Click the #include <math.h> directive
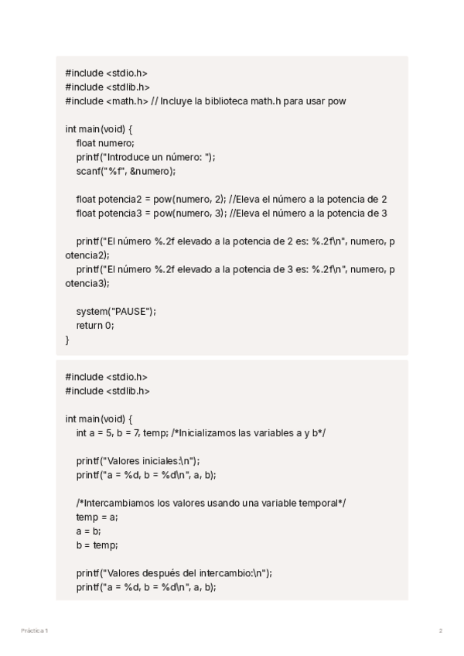107,101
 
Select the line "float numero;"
105,142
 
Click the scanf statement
126,170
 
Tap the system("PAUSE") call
116,311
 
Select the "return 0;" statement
95,325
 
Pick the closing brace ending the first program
67,339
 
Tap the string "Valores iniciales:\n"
153,461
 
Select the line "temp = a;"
97,517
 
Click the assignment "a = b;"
88,531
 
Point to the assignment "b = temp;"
97,545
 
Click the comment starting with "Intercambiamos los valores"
211,503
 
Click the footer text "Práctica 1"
34,631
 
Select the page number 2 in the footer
441,631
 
